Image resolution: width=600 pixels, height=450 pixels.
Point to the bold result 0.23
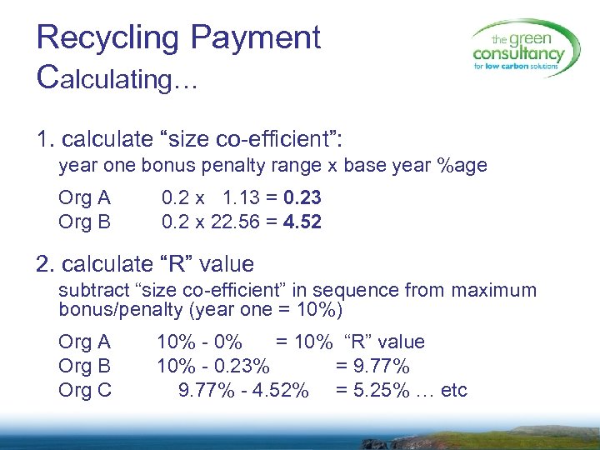pos(302,198)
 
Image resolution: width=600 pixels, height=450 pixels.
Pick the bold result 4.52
pos(302,222)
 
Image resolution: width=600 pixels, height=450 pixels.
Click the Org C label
pos(85,390)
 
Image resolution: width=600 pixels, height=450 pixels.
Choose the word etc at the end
pos(454,390)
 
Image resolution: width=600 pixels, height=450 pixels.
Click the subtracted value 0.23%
pos(240,366)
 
